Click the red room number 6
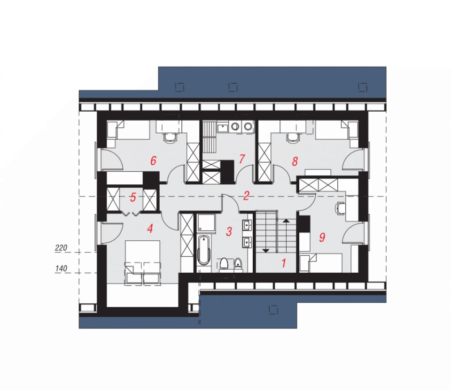(153, 161)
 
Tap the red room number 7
(241, 159)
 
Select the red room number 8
(295, 161)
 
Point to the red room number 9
(322, 237)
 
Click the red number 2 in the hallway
(246, 196)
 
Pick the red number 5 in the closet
(132, 198)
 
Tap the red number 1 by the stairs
(284, 263)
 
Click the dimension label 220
(61, 247)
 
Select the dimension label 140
(61, 268)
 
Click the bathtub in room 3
(203, 250)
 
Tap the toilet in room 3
(224, 264)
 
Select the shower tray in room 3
(206, 222)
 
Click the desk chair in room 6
(170, 138)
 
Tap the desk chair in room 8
(293, 138)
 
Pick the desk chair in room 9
(340, 208)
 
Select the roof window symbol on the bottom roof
(273, 310)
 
